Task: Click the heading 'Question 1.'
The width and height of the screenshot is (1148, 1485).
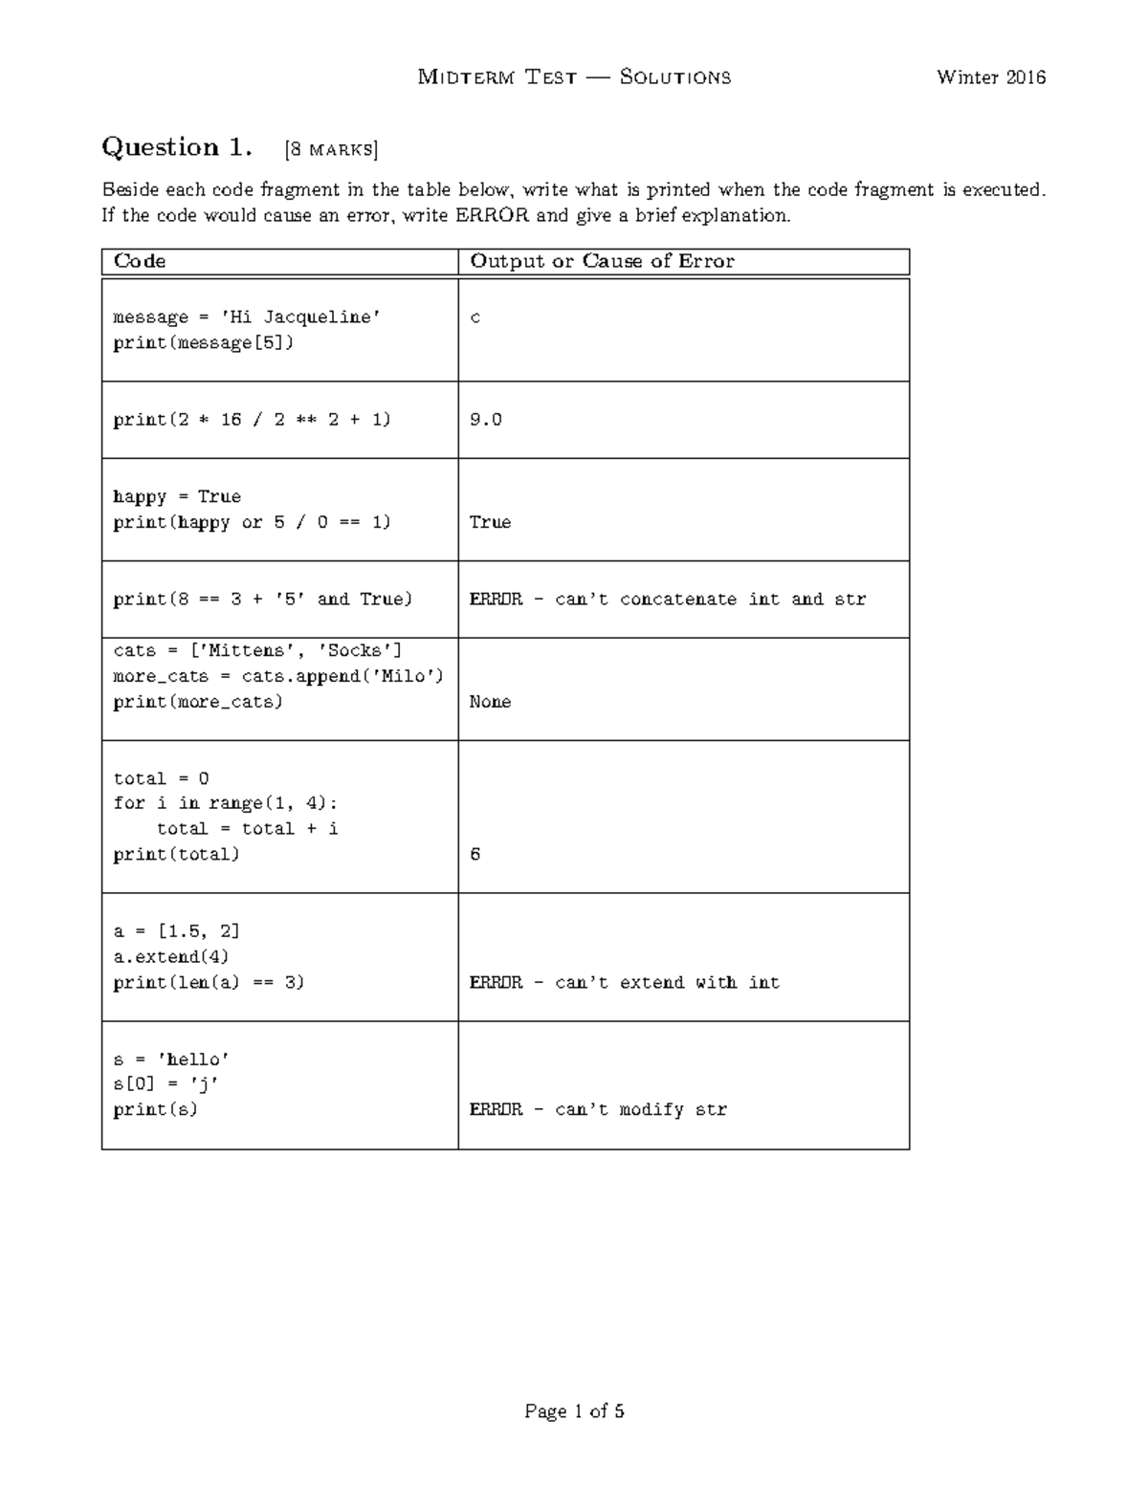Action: click(177, 147)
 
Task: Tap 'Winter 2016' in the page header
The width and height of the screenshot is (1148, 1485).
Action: click(991, 77)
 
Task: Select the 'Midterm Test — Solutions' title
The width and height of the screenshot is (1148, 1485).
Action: click(574, 77)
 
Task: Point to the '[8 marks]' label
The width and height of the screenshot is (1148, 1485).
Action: click(331, 149)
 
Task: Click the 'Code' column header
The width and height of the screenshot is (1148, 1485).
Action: click(140, 261)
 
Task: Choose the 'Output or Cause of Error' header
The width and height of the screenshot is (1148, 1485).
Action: click(602, 261)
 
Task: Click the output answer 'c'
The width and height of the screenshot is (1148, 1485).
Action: click(475, 317)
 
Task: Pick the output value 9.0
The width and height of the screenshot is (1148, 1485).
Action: click(485, 420)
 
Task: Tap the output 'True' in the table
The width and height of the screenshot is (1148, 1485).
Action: click(490, 522)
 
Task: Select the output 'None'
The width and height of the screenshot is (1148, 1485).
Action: click(490, 702)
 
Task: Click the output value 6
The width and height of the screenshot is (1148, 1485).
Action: click(475, 855)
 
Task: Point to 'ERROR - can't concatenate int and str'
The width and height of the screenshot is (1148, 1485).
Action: click(667, 600)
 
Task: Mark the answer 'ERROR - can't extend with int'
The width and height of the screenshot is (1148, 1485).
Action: click(624, 983)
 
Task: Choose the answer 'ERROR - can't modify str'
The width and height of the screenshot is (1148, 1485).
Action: click(598, 1110)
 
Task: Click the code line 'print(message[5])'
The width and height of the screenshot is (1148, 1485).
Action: click(203, 342)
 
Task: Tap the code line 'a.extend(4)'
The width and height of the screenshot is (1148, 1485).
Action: click(171, 957)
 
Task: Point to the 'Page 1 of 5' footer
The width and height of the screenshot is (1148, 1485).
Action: click(574, 1411)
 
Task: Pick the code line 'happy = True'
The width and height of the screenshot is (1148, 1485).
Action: click(177, 497)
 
